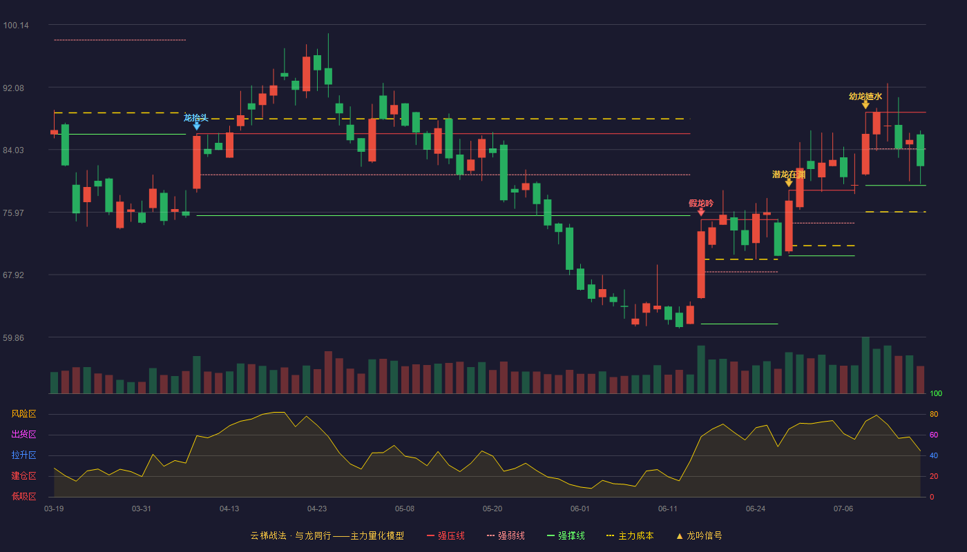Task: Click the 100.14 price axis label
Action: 16,26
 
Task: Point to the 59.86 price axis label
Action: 13,337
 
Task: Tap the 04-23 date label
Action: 317,509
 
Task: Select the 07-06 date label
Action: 843,509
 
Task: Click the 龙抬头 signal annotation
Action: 196,118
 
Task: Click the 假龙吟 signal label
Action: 701,203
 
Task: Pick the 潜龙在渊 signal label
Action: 789,174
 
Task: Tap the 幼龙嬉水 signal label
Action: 865,96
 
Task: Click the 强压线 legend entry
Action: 446,535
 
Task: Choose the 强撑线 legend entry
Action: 566,535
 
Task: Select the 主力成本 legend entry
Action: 630,535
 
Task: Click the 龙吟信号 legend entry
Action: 699,535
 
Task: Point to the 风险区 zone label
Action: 23,413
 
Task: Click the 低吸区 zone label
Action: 23,496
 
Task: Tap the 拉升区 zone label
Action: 23,455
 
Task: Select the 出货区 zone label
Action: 23,434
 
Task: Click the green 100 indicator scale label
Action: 936,393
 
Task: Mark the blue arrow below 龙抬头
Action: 196,126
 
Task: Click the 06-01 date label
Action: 580,509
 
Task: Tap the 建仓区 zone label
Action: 23,475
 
